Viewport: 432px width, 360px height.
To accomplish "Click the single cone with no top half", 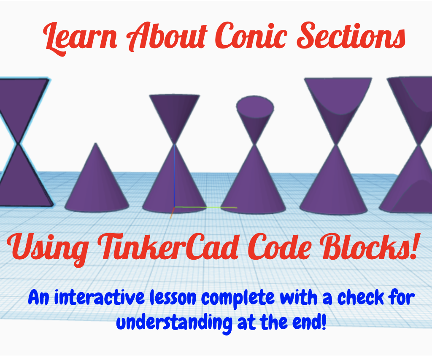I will [x=97, y=181].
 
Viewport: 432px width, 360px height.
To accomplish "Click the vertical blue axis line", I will [x=174, y=177].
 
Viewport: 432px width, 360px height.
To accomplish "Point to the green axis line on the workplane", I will [x=207, y=207].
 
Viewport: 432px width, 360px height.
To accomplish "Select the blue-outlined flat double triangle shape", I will [x=23, y=143].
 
